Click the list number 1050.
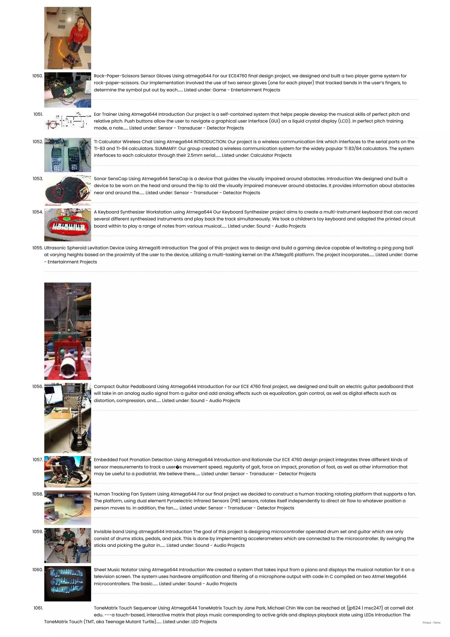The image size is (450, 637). (37, 76)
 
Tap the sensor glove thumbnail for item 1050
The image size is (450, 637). (67, 90)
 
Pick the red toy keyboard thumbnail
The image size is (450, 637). (67, 225)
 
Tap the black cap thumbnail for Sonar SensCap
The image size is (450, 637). (67, 190)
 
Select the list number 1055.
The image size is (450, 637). (37, 248)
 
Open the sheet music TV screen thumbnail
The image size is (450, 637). (67, 583)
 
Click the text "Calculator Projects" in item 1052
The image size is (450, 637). (271, 155)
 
